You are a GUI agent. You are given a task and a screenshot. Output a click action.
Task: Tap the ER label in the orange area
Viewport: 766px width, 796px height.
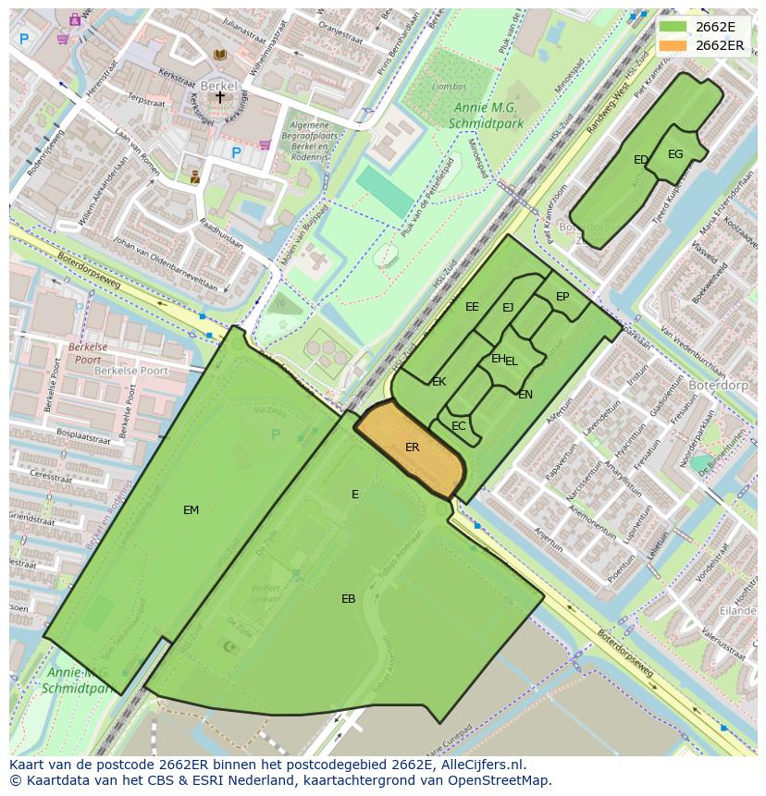413,447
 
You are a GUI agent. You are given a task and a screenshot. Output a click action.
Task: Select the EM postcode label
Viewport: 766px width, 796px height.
191,509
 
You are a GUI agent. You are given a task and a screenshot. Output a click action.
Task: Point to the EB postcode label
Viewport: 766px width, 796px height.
348,599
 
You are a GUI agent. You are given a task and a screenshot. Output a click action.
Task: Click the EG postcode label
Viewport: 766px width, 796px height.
675,154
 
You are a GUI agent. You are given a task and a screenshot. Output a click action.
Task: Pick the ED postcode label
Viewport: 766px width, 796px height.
640,160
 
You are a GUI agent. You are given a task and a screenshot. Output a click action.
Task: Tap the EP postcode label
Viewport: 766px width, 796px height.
562,297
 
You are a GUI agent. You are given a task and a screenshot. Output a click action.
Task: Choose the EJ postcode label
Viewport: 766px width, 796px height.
508,308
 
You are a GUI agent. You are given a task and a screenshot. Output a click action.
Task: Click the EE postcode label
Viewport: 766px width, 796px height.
472,307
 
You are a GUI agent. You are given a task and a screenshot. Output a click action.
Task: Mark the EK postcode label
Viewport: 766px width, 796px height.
439,382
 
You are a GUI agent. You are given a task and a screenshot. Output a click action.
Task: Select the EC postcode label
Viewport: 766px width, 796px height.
459,426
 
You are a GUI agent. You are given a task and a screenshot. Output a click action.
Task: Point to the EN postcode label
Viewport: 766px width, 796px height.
525,395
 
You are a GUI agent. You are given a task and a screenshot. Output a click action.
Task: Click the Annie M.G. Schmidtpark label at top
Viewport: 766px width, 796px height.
485,116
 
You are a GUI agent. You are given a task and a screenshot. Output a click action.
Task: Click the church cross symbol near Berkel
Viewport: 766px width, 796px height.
220,96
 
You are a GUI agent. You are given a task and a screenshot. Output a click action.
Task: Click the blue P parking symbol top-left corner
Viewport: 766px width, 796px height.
24,39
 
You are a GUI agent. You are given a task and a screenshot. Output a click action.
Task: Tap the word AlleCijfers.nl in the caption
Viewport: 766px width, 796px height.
480,765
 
